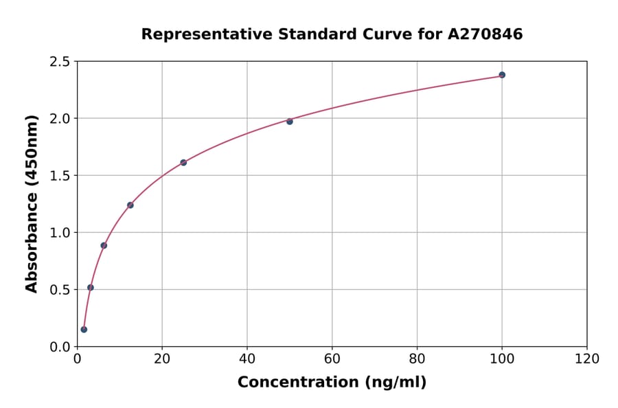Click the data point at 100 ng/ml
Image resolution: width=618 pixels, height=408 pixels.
tap(502, 75)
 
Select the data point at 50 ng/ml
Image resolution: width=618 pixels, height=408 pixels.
tap(290, 122)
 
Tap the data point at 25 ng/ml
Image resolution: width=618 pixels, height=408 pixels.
tap(183, 163)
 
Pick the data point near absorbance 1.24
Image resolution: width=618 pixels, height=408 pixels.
tap(130, 205)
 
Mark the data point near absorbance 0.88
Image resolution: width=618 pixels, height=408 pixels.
tap(104, 245)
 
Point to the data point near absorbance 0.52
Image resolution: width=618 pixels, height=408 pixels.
tap(91, 287)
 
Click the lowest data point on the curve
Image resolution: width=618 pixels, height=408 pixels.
tap(84, 329)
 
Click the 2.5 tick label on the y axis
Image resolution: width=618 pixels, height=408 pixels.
tap(60, 62)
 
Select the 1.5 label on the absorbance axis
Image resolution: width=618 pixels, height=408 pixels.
tap(60, 176)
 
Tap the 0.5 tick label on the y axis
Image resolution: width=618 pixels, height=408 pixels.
tap(60, 290)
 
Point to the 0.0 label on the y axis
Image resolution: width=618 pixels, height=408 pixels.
tap(60, 347)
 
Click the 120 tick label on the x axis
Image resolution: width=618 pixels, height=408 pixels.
tap(587, 359)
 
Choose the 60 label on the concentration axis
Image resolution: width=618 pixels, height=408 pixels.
tap(332, 359)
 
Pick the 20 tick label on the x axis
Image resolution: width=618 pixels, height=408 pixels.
tap(162, 359)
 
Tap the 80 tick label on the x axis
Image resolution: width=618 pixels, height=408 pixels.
tap(417, 359)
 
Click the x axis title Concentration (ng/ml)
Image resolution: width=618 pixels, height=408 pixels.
tap(332, 383)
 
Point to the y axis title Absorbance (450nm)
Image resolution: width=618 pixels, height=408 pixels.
tap(32, 204)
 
